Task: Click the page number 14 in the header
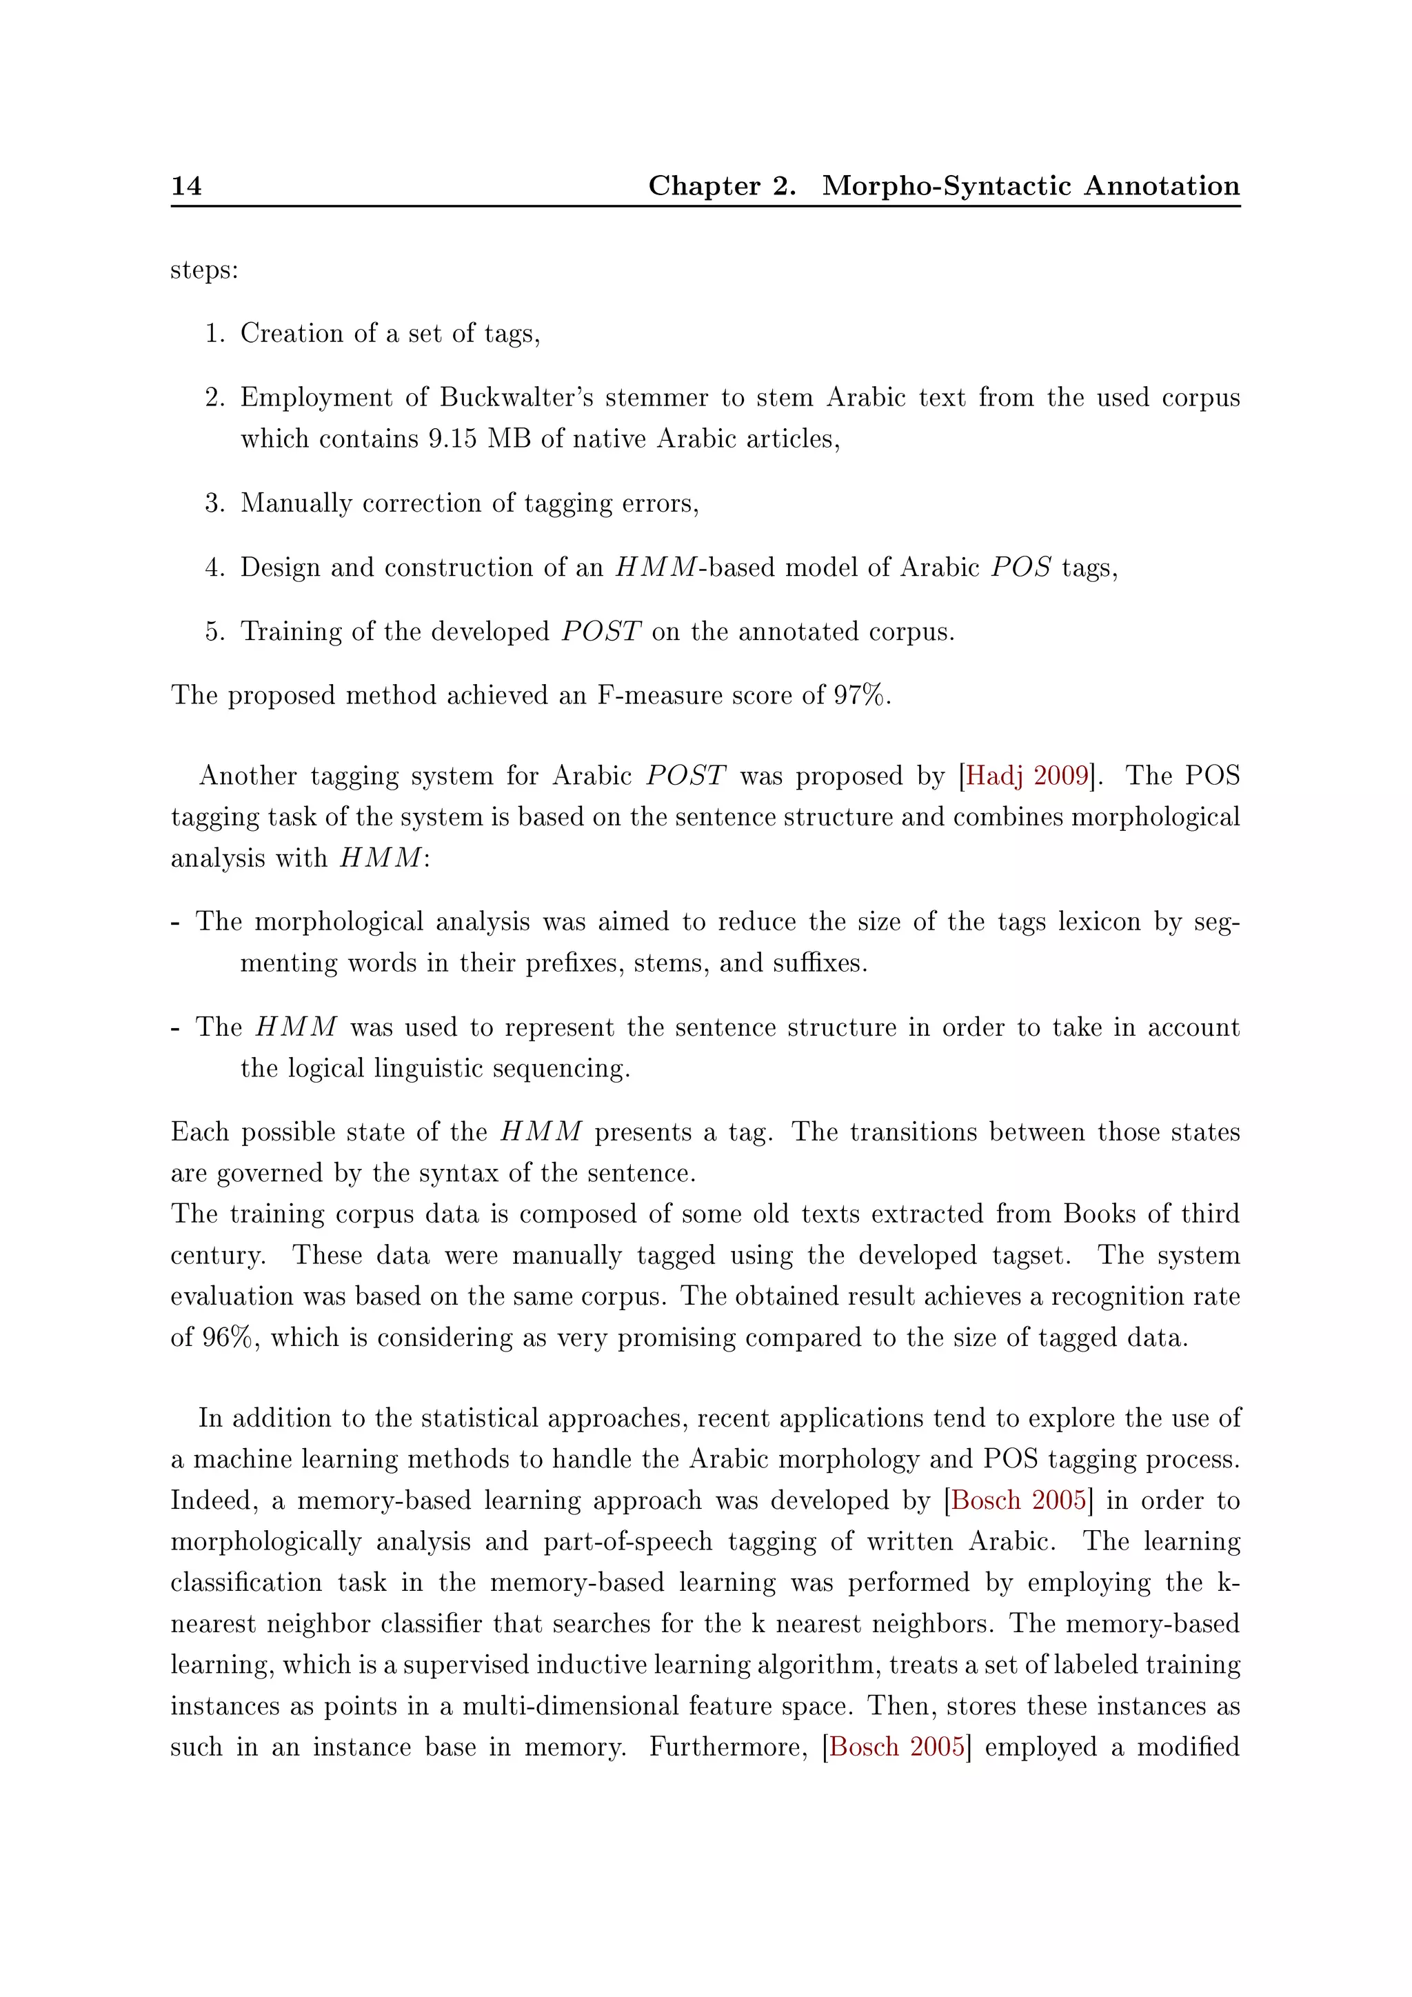[x=186, y=185]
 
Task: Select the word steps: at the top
[x=204, y=270]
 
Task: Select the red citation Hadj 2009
[x=1027, y=776]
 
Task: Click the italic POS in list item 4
[x=1021, y=568]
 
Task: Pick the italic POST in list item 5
[x=601, y=632]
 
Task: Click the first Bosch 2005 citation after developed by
[x=1018, y=1501]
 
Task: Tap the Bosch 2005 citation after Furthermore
[x=897, y=1747]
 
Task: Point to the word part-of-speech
[x=627, y=1542]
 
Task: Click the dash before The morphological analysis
[x=176, y=923]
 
